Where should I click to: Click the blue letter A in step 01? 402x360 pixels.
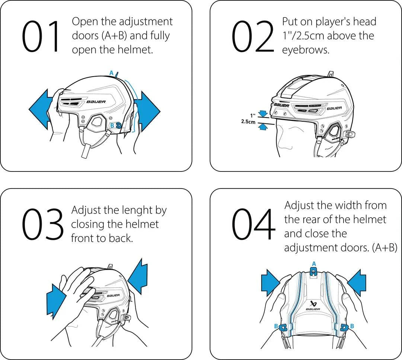coord(111,73)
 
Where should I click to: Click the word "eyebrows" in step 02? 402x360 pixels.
coord(305,50)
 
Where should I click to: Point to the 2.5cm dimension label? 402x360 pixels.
coord(248,122)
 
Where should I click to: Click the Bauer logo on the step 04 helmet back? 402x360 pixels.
coord(313,305)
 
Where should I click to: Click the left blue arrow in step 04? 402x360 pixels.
coord(271,280)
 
